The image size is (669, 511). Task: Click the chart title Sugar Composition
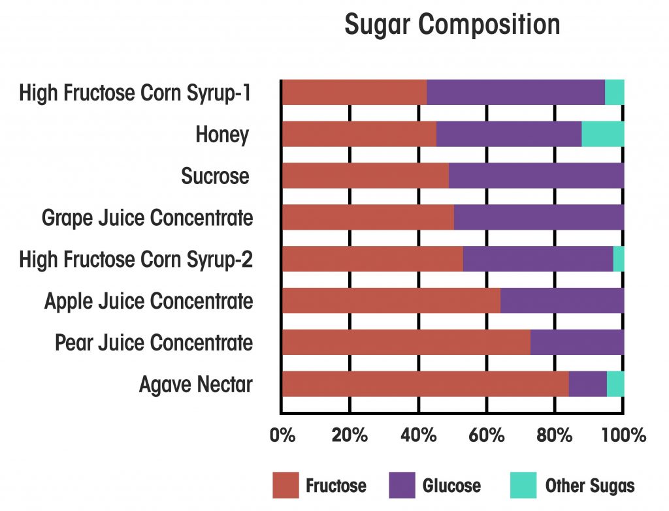coord(452,25)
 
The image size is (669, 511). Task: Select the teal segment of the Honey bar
coord(602,134)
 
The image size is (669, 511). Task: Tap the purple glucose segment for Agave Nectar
coord(587,384)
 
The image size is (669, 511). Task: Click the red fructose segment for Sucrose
coord(365,176)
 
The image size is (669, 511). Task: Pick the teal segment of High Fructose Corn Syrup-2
coord(618,259)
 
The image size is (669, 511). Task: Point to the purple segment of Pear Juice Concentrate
coord(577,342)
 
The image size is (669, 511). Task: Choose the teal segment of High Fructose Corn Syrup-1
coord(614,92)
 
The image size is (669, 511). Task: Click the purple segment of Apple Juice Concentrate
coord(562,301)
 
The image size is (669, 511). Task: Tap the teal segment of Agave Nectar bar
coord(615,384)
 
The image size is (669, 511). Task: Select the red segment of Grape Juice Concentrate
coord(367,217)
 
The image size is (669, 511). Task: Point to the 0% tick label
coord(282,435)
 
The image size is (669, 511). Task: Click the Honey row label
coord(222,135)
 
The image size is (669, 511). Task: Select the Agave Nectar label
coord(195,385)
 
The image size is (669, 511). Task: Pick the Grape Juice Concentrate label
coord(147,218)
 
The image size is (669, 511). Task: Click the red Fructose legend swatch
coord(285,486)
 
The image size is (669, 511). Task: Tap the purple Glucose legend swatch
coord(402,486)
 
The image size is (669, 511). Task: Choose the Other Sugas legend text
coord(589,486)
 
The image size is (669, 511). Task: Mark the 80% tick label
coord(555,435)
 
